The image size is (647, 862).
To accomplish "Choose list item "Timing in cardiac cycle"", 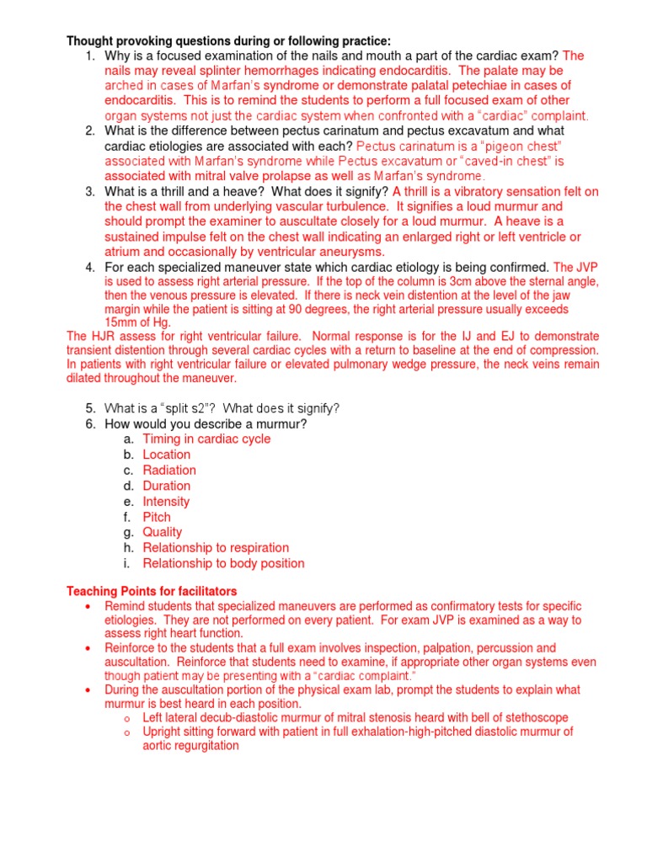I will pos(206,439).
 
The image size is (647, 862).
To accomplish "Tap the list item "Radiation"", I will pos(169,470).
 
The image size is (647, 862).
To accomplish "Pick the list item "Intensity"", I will pos(166,501).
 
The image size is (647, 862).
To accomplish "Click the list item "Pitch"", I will pos(157,517).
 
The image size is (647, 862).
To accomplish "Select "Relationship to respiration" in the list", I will pos(216,547).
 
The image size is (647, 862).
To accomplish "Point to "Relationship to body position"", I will pos(223,563).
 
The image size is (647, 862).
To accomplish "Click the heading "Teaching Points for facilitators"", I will pos(152,591).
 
